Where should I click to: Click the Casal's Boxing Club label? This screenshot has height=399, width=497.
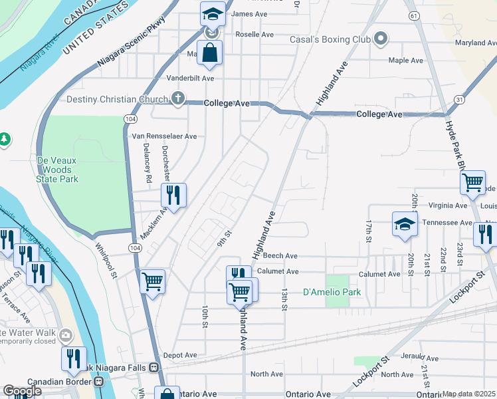pyautogui.click(x=330, y=40)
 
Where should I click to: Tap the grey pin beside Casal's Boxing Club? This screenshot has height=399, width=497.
pyautogui.click(x=380, y=40)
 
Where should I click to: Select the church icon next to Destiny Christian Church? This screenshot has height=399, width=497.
pyautogui.click(x=177, y=100)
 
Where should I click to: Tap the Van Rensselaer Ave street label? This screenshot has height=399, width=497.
pyautogui.click(x=165, y=136)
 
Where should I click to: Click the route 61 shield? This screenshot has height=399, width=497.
pyautogui.click(x=414, y=15)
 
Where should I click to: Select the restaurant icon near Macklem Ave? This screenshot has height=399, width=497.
pyautogui.click(x=173, y=196)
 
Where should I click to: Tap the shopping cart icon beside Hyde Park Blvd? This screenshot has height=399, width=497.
pyautogui.click(x=472, y=182)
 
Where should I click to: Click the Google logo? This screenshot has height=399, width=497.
pyautogui.click(x=22, y=392)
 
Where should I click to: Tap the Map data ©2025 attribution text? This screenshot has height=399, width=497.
pyautogui.click(x=469, y=394)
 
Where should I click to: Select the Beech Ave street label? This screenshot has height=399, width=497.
pyautogui.click(x=280, y=256)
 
